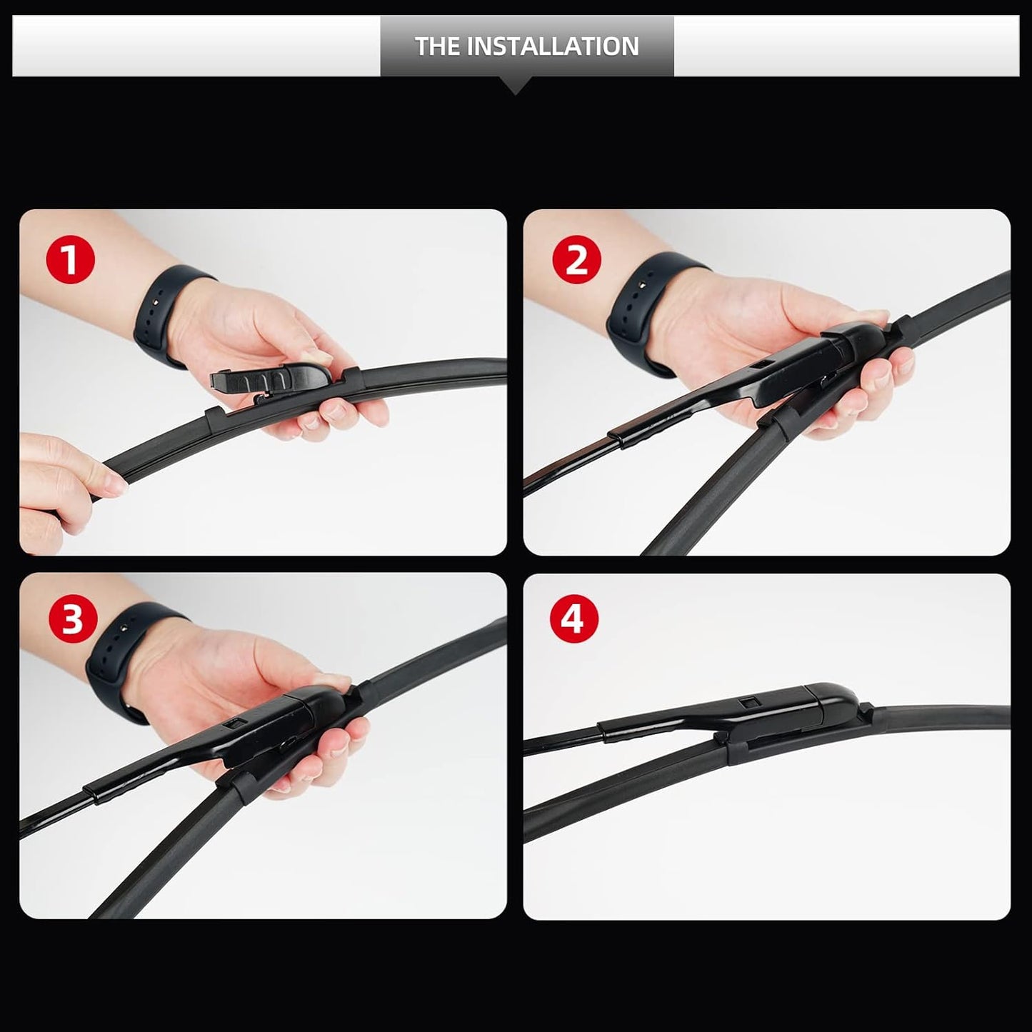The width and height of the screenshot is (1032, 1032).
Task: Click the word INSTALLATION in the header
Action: click(x=553, y=46)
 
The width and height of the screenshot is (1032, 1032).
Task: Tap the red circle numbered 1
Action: click(x=71, y=261)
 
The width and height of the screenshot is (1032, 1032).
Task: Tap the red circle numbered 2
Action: click(x=576, y=259)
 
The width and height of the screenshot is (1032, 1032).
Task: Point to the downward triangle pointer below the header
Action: click(x=516, y=86)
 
